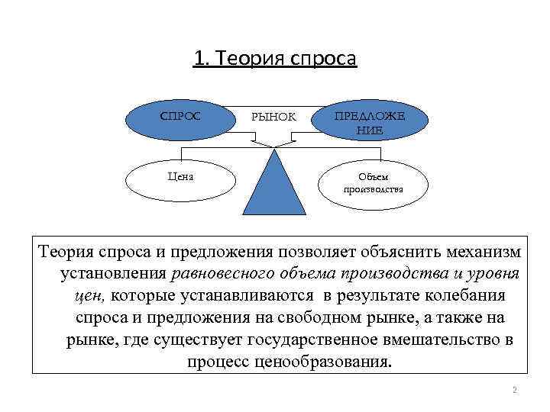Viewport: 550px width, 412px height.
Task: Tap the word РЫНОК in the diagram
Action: [x=273, y=118]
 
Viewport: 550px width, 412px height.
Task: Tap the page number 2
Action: [x=514, y=391]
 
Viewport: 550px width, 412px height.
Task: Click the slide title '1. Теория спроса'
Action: [x=275, y=58]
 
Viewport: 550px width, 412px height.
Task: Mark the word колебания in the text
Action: [x=467, y=295]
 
